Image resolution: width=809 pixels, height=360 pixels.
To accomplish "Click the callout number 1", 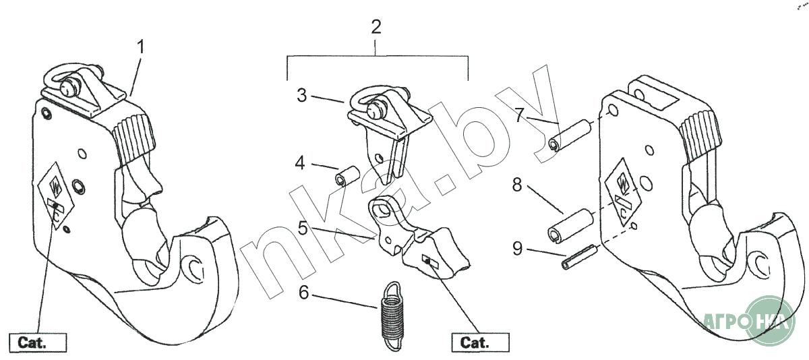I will pyautogui.click(x=141, y=47).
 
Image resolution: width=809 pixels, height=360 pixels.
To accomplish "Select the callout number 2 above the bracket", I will pyautogui.click(x=376, y=28).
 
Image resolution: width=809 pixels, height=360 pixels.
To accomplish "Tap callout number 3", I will pyautogui.click(x=302, y=95).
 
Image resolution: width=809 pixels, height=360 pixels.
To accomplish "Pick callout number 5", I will pyautogui.click(x=303, y=229).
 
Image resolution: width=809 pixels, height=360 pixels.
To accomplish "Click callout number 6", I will pyautogui.click(x=303, y=293).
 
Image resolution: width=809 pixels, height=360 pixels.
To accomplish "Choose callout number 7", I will pyautogui.click(x=518, y=115).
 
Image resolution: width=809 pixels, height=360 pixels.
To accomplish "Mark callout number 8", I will pyautogui.click(x=517, y=185).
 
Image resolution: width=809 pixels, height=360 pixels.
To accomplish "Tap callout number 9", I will pyautogui.click(x=517, y=249).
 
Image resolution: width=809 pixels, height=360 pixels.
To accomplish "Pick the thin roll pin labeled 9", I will pyautogui.click(x=577, y=258).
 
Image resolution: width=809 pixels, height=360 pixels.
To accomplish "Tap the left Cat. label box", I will pyautogui.click(x=38, y=342).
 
